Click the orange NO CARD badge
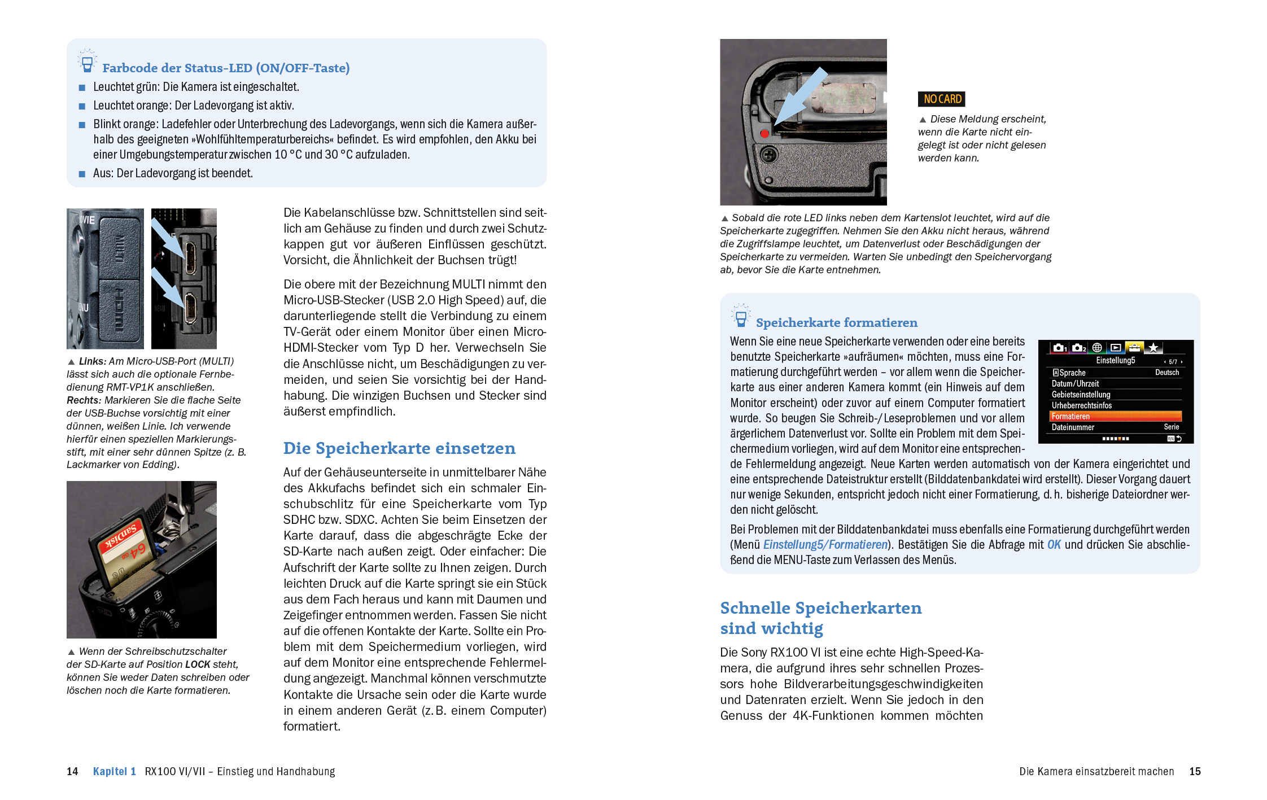tap(942, 99)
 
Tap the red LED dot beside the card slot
tap(764, 134)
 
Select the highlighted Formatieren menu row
tap(1115, 417)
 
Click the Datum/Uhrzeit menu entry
tap(1075, 384)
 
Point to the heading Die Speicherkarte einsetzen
tap(399, 448)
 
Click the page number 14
tap(72, 771)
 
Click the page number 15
tap(1195, 771)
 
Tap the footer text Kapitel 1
tap(115, 771)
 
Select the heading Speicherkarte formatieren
tap(836, 323)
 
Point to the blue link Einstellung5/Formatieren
tap(825, 545)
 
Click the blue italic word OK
tap(1054, 545)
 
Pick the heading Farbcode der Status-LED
tap(226, 68)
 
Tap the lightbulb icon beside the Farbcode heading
tap(87, 61)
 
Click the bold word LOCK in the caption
tap(198, 665)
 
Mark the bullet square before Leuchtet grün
tap(82, 88)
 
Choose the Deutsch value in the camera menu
tap(1166, 373)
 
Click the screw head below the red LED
tap(768, 154)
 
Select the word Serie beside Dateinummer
tap(1171, 427)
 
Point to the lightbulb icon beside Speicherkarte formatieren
tap(741, 316)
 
